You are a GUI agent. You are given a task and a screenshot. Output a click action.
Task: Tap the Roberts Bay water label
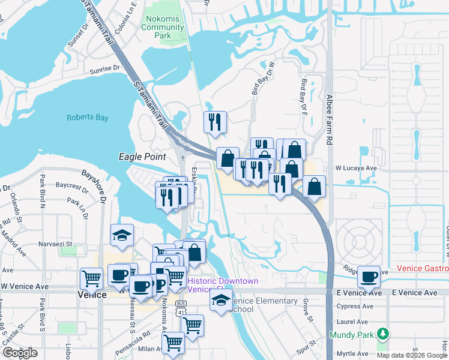(88, 118)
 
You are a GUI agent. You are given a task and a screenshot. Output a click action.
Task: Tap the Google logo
(19, 353)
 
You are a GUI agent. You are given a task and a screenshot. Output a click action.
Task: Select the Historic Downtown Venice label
(223, 285)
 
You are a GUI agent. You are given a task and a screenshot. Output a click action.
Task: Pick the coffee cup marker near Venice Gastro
(368, 277)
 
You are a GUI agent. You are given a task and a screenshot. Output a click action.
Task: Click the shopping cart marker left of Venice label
(91, 278)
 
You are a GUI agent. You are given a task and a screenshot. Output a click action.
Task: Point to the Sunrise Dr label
(104, 69)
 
